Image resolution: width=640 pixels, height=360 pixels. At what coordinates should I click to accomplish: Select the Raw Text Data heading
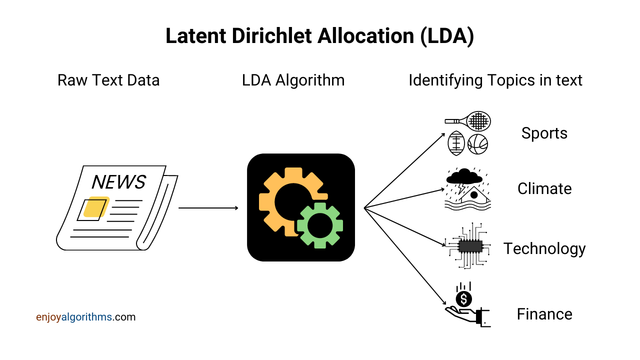pos(108,80)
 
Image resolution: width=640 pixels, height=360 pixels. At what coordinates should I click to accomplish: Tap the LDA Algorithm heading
pos(293,80)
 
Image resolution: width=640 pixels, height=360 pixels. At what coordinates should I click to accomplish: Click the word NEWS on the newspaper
pos(118,182)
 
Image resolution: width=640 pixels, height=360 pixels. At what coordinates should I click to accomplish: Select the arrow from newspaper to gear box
pos(208,207)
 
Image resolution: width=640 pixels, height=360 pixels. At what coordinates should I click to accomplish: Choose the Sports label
pos(544,133)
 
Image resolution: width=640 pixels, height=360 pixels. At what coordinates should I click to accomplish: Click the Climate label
pos(544,188)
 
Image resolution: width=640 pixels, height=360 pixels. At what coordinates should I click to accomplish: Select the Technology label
pos(544,248)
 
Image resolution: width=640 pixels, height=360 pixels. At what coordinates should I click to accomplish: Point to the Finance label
pos(544,314)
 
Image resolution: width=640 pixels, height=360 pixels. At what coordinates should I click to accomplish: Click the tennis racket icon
pos(472,121)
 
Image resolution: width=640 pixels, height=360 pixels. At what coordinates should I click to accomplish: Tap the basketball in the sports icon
pos(477,144)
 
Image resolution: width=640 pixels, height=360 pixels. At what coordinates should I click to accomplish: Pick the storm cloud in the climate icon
pos(464,176)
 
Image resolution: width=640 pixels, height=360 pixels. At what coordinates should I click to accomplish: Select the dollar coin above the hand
pos(464,299)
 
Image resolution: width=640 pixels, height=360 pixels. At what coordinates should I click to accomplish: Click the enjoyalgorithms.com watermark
pos(85,317)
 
